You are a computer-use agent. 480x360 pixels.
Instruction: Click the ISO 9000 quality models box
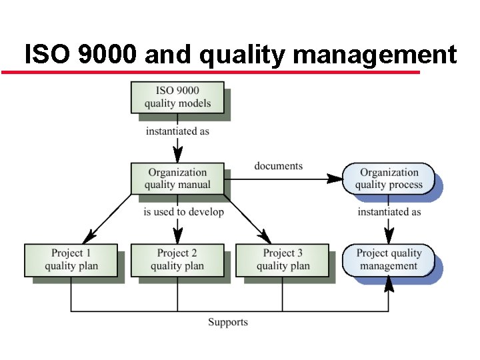[177, 97]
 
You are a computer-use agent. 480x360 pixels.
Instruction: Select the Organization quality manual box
[177, 179]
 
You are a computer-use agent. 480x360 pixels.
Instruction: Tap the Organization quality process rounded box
[389, 179]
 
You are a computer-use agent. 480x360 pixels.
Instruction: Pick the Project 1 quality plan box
[71, 260]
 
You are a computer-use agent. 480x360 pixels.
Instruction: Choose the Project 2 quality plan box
[177, 260]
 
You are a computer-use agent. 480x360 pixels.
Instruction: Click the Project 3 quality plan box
[283, 260]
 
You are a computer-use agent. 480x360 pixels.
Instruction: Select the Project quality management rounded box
[389, 260]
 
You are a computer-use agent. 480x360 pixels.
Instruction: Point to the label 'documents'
[278, 166]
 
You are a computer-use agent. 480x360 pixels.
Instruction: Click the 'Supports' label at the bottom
[227, 322]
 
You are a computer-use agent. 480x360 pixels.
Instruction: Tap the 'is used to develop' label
[183, 212]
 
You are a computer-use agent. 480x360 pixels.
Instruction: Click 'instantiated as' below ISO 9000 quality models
[177, 131]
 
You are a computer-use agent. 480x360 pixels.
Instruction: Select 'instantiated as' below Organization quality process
[389, 212]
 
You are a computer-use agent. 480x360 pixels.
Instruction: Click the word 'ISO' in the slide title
[47, 54]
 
